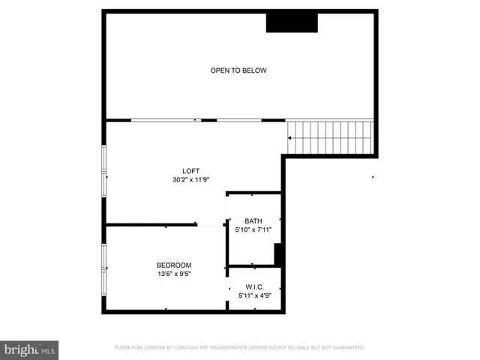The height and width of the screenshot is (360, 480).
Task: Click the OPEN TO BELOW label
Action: pos(238,70)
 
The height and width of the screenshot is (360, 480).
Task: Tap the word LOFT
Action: pos(191,170)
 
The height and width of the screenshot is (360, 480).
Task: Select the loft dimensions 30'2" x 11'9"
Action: pos(191,180)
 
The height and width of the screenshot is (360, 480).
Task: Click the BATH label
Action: pos(253,220)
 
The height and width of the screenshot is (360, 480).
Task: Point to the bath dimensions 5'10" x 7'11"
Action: pos(253,230)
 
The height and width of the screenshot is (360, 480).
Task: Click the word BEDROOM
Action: pos(174,265)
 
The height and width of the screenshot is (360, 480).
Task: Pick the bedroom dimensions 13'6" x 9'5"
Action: pos(174,274)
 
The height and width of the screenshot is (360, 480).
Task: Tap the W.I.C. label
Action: pos(254,286)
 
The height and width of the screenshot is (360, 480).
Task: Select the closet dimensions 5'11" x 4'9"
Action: pos(254,295)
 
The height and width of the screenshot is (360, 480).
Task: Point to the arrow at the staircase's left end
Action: pos(290,137)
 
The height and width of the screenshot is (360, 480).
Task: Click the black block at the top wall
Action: pos(292,22)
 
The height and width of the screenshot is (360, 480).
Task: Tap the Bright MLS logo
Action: pos(29,349)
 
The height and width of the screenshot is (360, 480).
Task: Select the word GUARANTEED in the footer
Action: pos(347,348)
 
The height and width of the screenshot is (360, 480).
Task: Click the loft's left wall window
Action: pos(104,171)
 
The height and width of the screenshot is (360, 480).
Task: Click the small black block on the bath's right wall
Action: pos(278,253)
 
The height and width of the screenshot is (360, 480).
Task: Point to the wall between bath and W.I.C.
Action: pos(254,266)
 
